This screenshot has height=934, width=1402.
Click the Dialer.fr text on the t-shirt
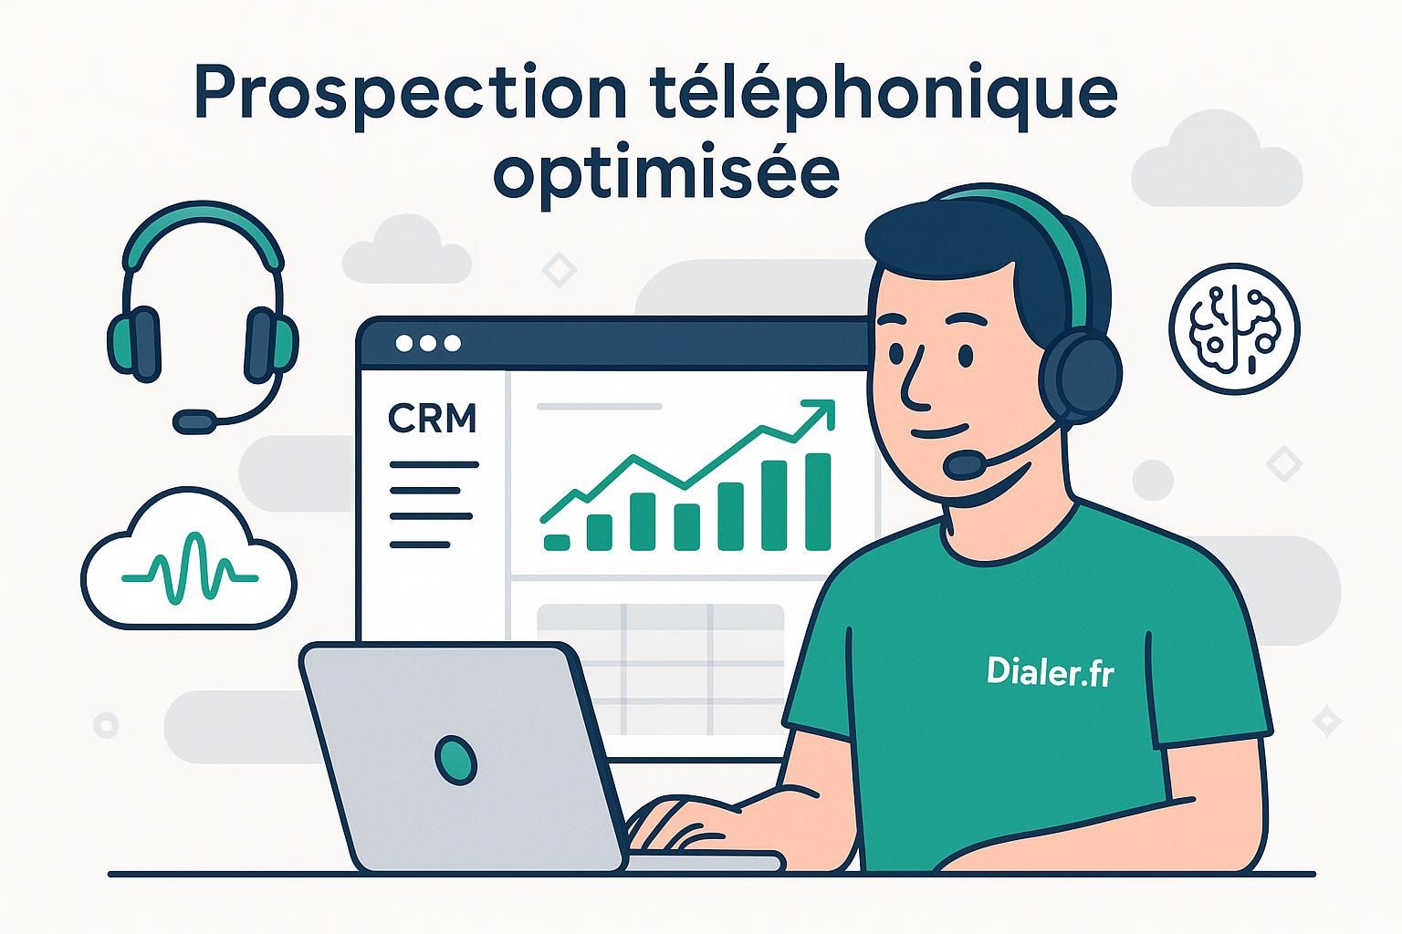coord(1050,672)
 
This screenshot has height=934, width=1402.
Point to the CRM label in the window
coord(432,419)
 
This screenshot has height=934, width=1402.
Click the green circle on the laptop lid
coord(455,759)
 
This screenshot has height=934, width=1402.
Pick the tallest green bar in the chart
coord(818,502)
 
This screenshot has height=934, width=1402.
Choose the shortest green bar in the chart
coord(556,542)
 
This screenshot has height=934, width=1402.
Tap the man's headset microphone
coord(964,466)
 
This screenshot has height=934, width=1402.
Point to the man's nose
coord(913,388)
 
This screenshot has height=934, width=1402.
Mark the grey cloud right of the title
coord(1216,160)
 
